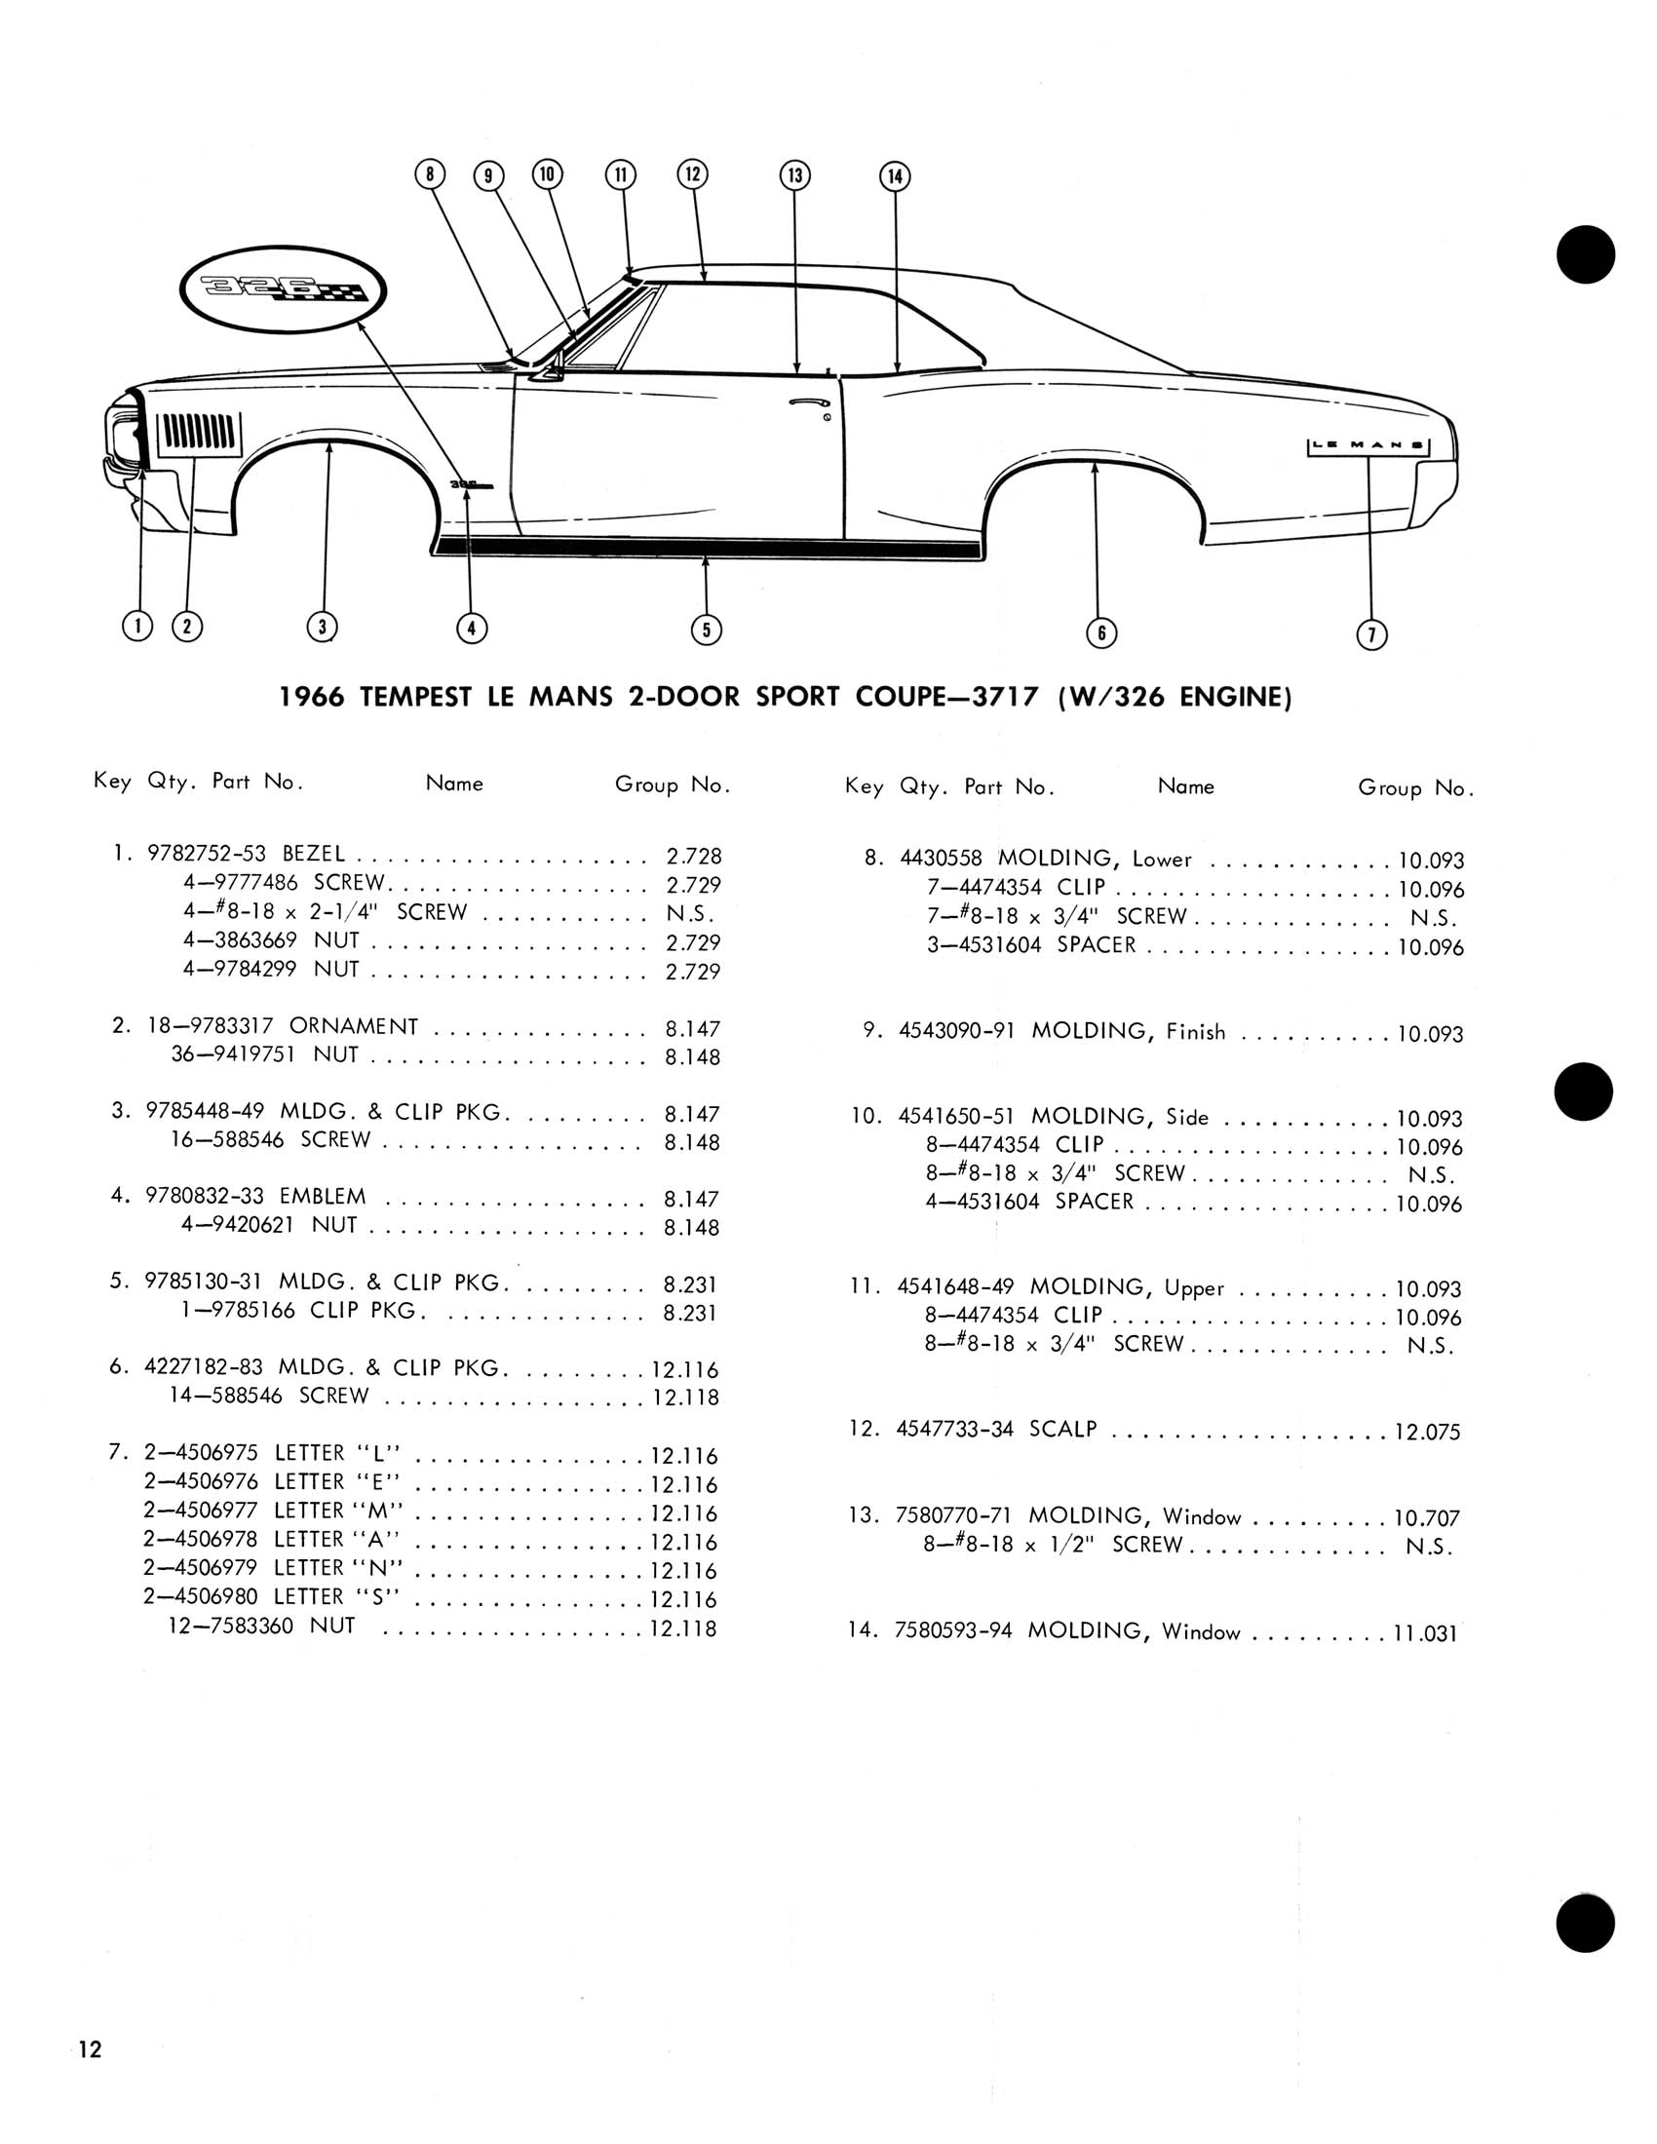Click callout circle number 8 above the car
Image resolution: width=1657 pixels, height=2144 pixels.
coord(430,174)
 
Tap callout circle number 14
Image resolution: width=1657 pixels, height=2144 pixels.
coord(894,176)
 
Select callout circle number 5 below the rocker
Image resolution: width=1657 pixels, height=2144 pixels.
coord(706,630)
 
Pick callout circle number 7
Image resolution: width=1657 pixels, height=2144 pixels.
coord(1371,635)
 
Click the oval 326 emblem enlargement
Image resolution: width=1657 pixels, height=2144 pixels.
coord(284,290)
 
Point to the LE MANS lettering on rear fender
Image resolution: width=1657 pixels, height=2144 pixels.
coord(1368,446)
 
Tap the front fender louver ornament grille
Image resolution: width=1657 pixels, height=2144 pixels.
coord(199,431)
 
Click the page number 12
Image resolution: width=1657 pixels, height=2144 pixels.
coord(91,2048)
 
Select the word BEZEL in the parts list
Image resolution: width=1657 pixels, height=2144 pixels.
coord(313,854)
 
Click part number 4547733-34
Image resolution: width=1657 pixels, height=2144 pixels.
coord(954,1429)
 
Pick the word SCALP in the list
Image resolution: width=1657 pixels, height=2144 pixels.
coord(1062,1429)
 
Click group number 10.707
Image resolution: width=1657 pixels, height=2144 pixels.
coord(1426,1518)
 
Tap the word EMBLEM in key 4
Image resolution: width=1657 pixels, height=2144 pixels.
coord(322,1196)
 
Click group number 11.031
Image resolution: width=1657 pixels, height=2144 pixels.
coord(1424,1633)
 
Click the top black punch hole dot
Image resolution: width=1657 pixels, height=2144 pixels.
coord(1585,254)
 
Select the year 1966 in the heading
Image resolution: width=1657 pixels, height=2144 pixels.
coord(312,697)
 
